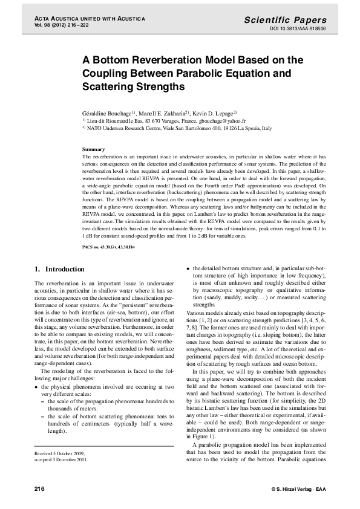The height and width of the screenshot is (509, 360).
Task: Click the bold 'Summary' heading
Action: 93,149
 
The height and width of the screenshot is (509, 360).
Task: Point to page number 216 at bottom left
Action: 41,487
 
